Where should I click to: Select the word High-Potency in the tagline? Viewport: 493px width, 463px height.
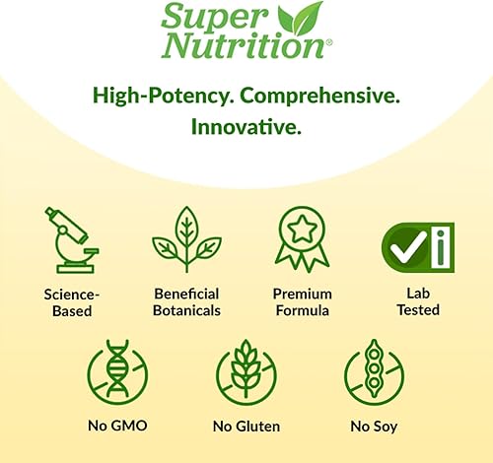click(164, 96)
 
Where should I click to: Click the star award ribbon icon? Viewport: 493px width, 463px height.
click(302, 239)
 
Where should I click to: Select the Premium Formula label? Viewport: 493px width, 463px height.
click(302, 302)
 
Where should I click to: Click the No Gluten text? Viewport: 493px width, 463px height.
click(246, 427)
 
